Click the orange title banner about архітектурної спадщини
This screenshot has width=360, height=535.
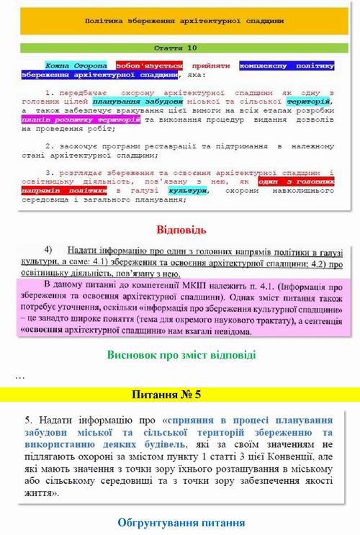[x=180, y=22]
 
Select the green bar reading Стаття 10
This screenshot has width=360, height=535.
[x=180, y=48]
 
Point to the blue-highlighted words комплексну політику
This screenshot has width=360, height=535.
[x=287, y=65]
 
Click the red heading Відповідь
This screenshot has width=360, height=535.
[x=181, y=230]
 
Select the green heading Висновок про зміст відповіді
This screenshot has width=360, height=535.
[x=181, y=355]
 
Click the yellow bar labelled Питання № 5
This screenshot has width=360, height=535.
[x=180, y=395]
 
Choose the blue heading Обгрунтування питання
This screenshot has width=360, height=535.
[x=181, y=522]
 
